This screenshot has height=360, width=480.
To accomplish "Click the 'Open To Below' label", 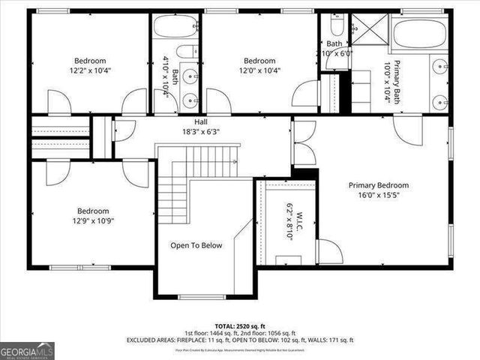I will click(196, 245).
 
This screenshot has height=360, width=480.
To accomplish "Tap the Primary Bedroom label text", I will click(378, 185).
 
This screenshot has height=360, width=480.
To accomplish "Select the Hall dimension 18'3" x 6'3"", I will click(200, 132).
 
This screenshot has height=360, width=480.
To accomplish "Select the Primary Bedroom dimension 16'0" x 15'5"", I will click(378, 196).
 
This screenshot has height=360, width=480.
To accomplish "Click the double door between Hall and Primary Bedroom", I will click(303, 142).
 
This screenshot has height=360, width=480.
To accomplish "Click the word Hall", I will click(200, 121).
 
